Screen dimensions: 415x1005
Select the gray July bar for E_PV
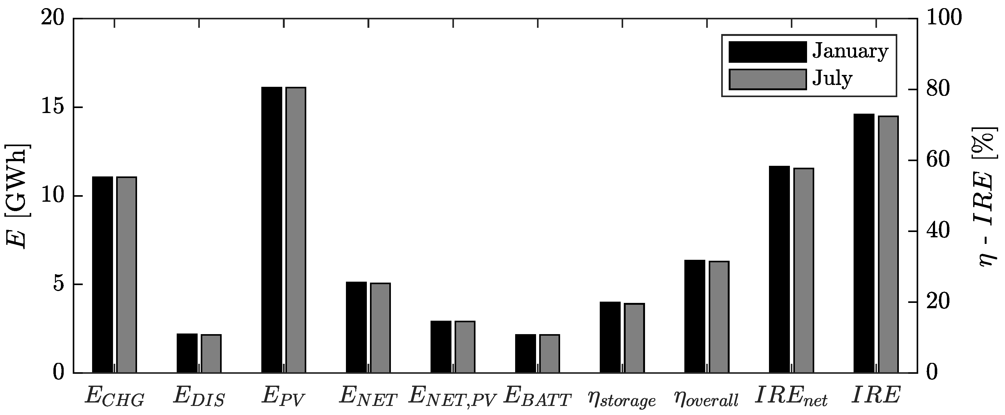coord(296,230)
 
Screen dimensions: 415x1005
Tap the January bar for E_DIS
coord(187,353)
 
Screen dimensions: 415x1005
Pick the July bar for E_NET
coord(380,328)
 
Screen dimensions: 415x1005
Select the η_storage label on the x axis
coord(622,399)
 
